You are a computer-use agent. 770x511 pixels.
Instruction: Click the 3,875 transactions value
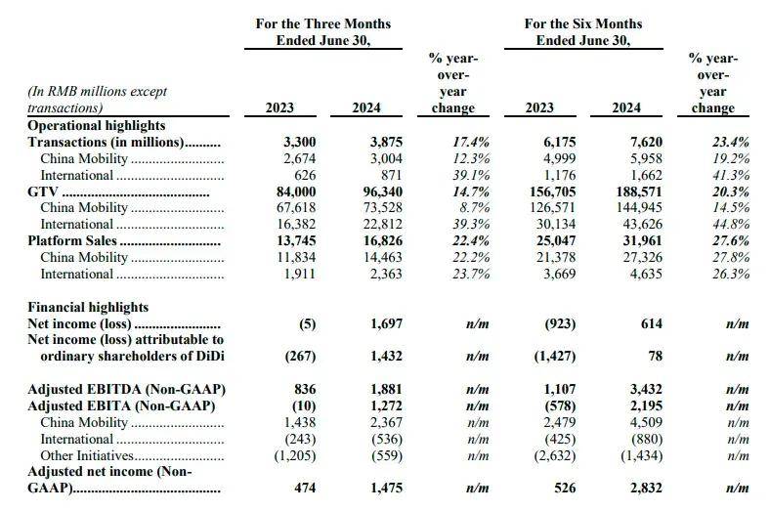386,143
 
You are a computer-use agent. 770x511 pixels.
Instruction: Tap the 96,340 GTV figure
382,192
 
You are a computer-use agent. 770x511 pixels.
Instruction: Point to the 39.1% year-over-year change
471,175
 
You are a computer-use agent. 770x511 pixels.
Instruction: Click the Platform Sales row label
72,241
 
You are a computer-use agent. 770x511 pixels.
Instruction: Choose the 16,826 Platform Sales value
382,241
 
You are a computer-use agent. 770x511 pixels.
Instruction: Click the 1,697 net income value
387,324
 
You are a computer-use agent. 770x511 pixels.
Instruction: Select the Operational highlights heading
96,126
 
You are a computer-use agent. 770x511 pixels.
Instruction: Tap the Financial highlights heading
88,308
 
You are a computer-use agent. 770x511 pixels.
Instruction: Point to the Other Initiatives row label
87,456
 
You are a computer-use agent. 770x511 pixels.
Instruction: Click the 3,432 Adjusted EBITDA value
646,390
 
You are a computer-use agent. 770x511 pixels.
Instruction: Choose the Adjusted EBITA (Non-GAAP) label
121,405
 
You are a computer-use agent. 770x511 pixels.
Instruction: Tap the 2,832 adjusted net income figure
646,488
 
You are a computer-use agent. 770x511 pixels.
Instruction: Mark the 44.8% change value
731,225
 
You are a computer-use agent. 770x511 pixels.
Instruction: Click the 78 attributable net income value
655,357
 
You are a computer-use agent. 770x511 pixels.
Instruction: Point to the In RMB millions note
98,100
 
